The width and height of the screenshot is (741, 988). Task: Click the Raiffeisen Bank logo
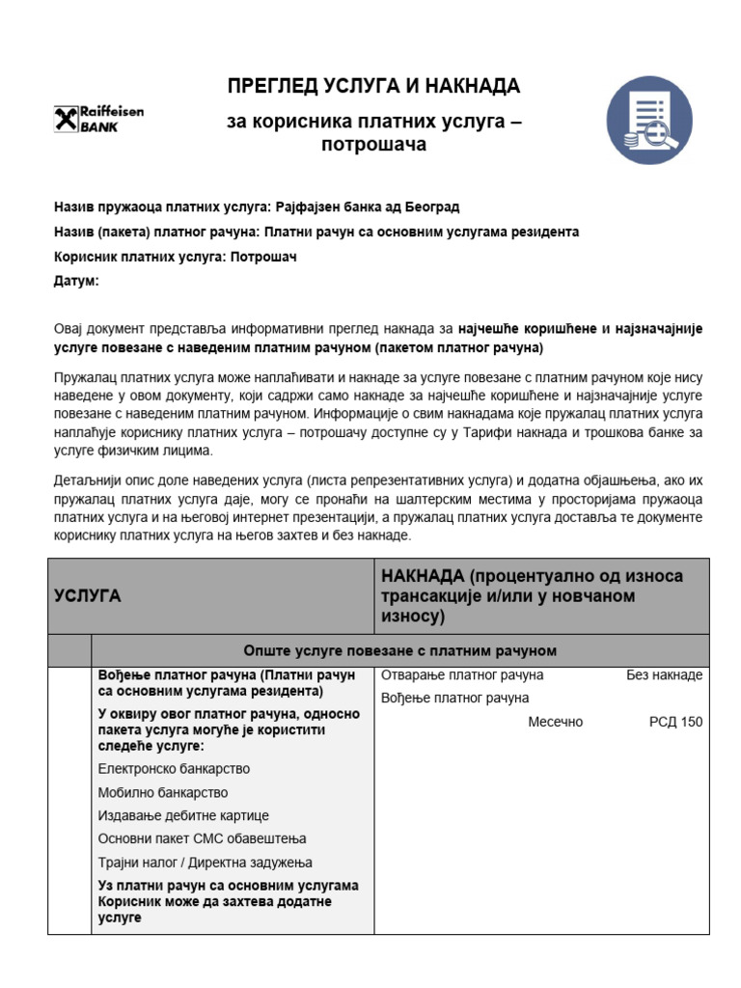click(99, 120)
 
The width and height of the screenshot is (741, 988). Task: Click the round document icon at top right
click(649, 121)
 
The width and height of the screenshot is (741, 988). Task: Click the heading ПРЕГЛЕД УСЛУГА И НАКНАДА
click(373, 87)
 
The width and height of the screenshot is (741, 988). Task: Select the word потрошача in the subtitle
click(372, 145)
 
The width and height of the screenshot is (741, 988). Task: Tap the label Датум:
click(75, 282)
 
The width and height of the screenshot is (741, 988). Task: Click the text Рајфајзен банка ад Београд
click(368, 207)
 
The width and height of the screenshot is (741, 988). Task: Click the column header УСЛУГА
click(87, 596)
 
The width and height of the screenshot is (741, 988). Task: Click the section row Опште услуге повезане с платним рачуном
click(399, 650)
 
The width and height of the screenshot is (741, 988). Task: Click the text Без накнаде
click(664, 675)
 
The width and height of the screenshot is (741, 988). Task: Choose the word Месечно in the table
click(556, 722)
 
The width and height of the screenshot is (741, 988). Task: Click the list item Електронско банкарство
click(174, 769)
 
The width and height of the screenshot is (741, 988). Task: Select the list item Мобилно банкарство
click(163, 792)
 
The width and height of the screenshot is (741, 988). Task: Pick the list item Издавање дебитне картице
click(183, 815)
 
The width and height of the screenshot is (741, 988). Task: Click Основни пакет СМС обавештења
click(202, 838)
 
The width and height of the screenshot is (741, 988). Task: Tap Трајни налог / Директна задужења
click(205, 862)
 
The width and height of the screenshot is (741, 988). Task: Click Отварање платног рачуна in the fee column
click(462, 675)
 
